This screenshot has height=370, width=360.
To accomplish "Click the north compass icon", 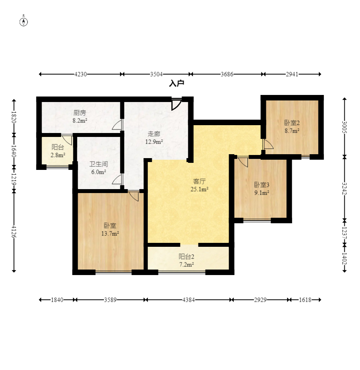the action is (x=24, y=22).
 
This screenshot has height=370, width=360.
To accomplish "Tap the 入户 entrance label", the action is (x=177, y=83).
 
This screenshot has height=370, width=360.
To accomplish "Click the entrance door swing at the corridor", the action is (x=176, y=104).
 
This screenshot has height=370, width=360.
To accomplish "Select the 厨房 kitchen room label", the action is (x=80, y=113).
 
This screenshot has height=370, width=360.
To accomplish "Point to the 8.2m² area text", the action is (x=80, y=120).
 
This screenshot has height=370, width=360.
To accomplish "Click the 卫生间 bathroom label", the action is (x=98, y=164).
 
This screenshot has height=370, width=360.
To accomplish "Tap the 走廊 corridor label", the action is (x=154, y=134).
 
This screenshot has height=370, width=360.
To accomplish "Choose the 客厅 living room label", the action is (x=199, y=181).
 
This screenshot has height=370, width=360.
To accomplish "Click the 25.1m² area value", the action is (x=199, y=189).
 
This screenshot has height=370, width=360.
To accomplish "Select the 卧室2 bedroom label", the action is (x=292, y=123).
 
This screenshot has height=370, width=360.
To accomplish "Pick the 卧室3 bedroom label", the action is (x=262, y=185).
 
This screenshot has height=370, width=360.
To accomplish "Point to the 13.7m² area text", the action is (x=110, y=233).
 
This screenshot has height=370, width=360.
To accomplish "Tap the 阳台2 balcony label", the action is (x=186, y=257).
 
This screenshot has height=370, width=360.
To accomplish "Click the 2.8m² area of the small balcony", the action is (x=58, y=155).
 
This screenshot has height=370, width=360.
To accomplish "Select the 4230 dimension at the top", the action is (x=80, y=74).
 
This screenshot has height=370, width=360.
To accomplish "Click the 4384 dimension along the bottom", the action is (x=189, y=300).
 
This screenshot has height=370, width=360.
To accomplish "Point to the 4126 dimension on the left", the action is (x=14, y=231).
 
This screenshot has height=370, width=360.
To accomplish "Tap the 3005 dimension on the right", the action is (x=344, y=127).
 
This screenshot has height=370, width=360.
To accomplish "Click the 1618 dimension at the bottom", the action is (x=305, y=300).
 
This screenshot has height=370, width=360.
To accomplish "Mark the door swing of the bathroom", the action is (x=117, y=180).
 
